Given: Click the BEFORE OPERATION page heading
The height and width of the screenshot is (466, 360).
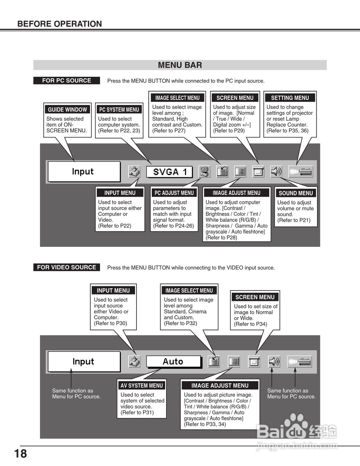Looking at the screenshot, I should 59,24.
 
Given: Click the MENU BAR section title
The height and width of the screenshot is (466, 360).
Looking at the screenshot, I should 180,65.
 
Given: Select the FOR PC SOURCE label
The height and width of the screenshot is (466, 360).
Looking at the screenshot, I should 66,80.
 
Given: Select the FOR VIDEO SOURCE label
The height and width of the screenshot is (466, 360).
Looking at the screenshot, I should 66,267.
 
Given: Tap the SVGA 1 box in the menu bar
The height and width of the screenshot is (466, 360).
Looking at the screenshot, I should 169,172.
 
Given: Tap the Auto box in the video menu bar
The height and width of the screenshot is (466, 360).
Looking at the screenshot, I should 173,362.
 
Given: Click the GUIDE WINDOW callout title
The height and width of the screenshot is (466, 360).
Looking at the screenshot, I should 67,110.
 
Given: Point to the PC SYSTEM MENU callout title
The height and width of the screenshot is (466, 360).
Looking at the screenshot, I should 119,110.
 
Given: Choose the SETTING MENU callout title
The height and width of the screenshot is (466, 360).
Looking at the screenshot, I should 290,98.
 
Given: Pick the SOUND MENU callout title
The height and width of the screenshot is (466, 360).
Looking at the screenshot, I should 296,193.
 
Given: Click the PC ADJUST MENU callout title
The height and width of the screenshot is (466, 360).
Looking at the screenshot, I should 174,193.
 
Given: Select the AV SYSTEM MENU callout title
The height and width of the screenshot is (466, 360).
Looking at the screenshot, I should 142,386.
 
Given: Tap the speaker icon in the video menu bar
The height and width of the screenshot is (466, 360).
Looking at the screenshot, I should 274,362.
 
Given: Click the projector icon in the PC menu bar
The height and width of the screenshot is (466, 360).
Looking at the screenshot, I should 300,171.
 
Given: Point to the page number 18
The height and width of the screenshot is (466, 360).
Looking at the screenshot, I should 20,454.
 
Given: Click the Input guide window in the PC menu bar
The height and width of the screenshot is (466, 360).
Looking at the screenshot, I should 84,171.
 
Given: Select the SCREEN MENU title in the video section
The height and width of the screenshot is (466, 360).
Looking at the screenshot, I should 255,297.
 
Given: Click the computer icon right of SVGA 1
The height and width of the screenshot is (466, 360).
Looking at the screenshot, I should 205,171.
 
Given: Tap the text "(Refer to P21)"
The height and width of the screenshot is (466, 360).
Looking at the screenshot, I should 294,220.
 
